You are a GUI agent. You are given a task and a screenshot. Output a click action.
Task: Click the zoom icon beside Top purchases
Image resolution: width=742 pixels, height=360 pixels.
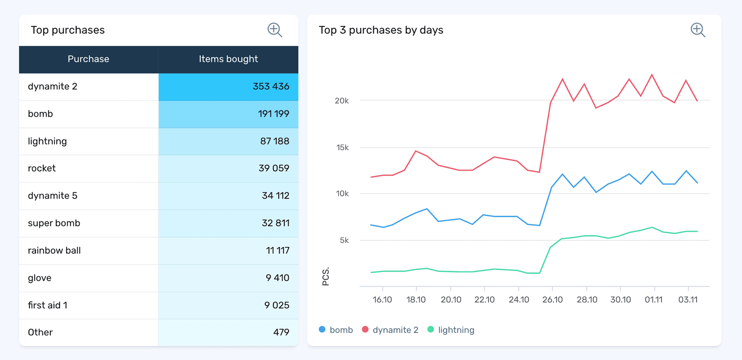275,30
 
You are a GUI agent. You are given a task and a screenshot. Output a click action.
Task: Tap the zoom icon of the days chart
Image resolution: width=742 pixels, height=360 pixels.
698,30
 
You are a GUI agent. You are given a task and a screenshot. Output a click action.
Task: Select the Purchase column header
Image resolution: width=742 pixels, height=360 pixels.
88,59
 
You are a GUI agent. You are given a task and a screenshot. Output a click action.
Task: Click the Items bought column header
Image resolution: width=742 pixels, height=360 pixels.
228,59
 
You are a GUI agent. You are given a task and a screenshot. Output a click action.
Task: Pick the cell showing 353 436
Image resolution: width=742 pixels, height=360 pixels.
271,87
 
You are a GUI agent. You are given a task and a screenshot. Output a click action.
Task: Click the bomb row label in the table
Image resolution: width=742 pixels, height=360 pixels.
41,114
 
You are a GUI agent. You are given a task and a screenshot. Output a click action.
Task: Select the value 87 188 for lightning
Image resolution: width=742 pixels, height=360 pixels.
274,141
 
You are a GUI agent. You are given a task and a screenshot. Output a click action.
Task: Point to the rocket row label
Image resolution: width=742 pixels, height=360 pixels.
42,169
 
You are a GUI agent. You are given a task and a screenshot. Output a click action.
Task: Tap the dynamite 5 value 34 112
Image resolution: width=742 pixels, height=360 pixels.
275,196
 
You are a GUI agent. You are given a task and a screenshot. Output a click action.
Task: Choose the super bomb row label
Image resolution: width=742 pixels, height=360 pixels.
54,223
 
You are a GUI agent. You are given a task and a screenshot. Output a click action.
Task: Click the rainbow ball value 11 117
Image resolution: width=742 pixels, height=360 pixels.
277,251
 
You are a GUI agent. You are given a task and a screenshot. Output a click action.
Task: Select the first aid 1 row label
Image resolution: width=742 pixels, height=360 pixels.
48,305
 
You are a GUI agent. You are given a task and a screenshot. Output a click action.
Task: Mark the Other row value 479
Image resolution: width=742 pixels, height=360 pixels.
281,332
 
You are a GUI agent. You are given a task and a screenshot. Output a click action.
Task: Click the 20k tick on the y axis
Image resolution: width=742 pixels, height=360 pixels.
342,101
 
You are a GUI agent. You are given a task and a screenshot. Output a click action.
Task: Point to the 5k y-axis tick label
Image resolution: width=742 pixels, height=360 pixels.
344,241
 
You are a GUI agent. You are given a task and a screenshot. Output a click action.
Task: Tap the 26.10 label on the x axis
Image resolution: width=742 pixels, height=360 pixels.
552,300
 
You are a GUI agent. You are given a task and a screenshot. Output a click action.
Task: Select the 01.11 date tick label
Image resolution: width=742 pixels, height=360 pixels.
654,300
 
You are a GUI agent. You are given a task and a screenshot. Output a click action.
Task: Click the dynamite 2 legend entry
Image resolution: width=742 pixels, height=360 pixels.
390,330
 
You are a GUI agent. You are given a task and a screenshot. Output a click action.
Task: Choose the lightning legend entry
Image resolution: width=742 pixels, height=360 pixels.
451,330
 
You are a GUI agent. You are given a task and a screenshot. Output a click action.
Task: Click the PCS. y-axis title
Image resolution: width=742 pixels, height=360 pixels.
326,276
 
